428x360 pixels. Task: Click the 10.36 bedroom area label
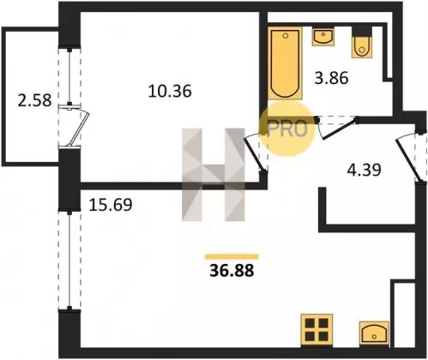170,92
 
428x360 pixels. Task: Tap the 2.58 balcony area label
34,100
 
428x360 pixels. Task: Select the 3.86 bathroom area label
331,78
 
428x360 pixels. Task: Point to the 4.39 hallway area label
364,170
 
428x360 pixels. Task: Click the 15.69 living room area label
111,205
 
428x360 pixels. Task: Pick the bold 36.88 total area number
232,271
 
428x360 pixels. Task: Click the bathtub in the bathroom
285,63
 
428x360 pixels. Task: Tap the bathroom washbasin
323,37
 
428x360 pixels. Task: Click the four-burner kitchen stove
316,330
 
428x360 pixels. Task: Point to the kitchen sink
374,333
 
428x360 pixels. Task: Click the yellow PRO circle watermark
287,129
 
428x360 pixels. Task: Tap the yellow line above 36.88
232,257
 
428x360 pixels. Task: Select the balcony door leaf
78,129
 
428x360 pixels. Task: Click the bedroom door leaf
254,154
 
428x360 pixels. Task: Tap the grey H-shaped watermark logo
214,175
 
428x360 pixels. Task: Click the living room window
69,260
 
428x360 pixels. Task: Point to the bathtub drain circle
286,36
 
